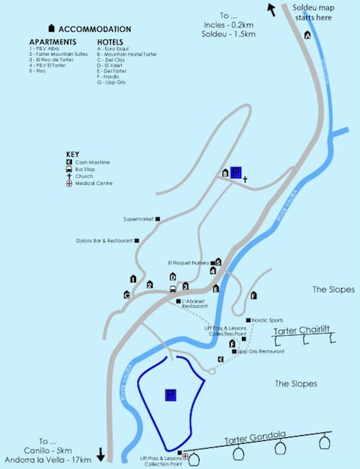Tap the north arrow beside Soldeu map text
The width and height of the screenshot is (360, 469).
(x=272, y=9)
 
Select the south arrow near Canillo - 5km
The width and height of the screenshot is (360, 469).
(x=101, y=454)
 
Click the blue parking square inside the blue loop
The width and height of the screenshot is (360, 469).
(x=171, y=395)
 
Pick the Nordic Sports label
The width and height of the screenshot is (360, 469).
(x=269, y=320)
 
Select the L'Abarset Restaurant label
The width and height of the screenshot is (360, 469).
(x=196, y=303)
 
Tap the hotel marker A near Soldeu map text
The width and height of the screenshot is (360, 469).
(x=307, y=35)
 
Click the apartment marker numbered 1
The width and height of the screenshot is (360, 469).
(x=132, y=278)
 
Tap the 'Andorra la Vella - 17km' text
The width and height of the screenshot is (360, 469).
(x=57, y=459)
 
